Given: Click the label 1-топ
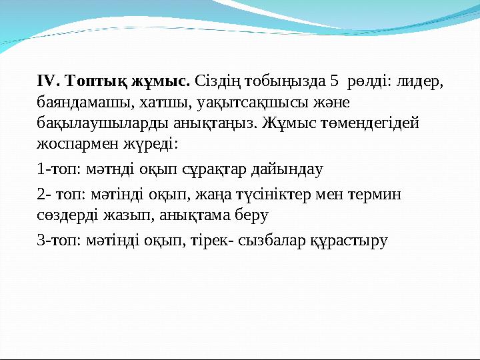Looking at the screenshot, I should click(55, 169).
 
